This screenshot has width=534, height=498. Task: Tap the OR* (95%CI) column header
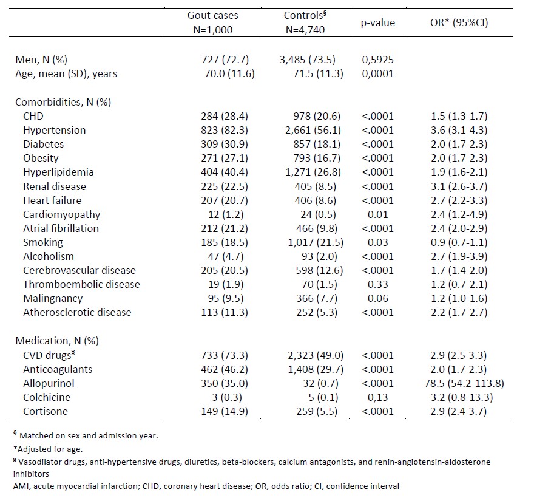point(459,22)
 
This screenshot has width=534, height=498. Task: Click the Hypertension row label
point(55,130)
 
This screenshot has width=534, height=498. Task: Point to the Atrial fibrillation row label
point(61,228)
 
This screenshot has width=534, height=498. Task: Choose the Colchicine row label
point(47,397)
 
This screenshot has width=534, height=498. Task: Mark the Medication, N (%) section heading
point(55,341)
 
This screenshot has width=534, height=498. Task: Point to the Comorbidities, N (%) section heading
point(63,102)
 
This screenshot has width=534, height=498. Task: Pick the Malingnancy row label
point(53,298)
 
